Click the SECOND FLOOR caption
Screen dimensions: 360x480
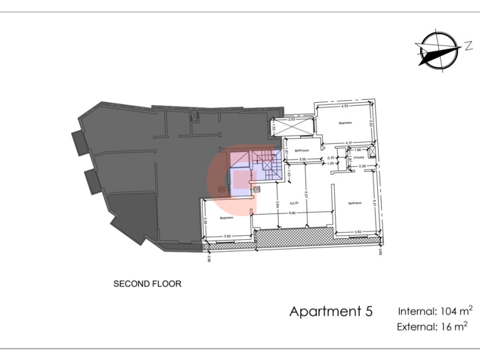[147, 284]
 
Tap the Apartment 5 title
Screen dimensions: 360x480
[331, 311]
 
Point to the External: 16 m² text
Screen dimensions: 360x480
[432, 327]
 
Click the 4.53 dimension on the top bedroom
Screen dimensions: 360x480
[344, 106]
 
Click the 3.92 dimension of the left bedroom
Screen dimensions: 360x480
[228, 236]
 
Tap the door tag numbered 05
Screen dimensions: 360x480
[256, 190]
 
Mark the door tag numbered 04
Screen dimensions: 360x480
[221, 190]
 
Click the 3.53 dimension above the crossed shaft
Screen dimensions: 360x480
[291, 120]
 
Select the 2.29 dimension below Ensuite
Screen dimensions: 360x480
[362, 166]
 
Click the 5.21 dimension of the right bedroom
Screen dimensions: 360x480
[374, 204]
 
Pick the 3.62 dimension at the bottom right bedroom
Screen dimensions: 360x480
[357, 232]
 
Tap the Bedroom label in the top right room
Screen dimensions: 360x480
[345, 123]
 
